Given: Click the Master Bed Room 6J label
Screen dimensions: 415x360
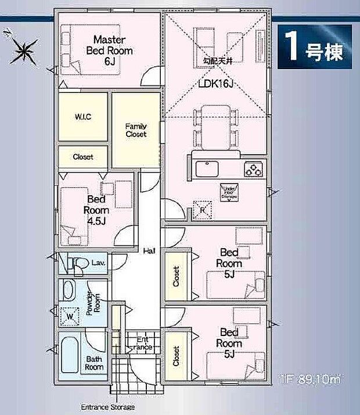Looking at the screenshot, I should (110, 50).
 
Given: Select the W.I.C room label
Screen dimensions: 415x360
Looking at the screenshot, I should (83, 116).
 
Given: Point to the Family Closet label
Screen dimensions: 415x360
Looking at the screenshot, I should (136, 130).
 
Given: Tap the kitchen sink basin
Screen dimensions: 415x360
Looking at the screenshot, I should (207, 170).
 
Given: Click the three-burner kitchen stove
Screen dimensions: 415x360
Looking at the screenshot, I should (254, 169).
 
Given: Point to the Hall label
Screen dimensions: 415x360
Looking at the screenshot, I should (149, 251).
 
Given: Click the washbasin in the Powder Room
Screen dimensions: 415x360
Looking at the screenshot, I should (69, 289).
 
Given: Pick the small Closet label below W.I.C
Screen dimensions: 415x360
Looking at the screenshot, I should (82, 156).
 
